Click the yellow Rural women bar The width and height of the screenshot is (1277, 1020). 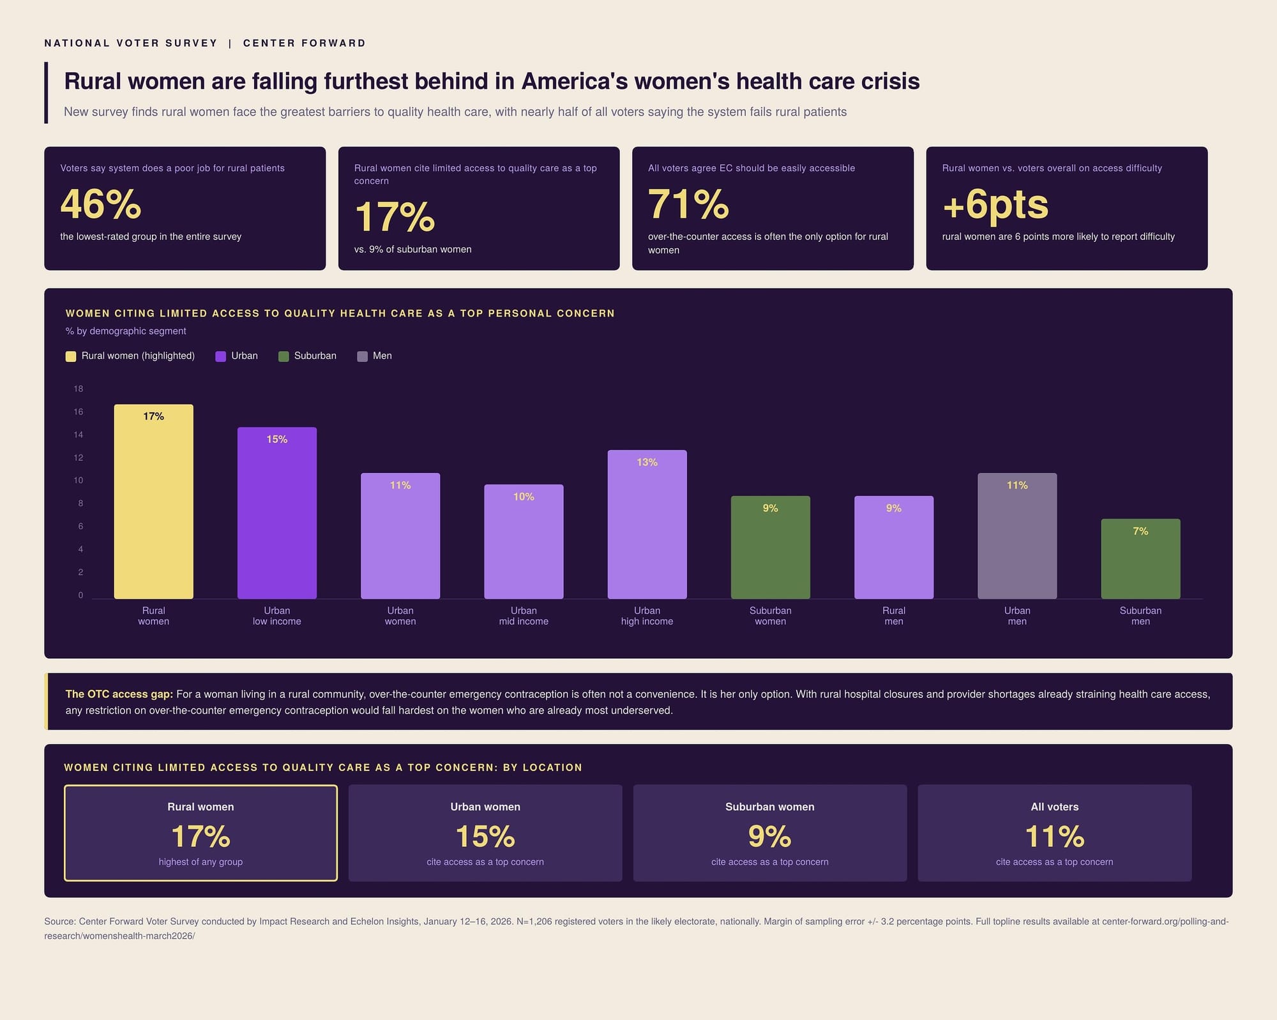[x=153, y=501]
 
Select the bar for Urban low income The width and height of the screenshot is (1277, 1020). [x=277, y=513]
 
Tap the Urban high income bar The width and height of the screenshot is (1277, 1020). [x=647, y=524]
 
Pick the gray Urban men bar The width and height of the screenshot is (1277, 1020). [x=1017, y=536]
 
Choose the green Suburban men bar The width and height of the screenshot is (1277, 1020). [x=1140, y=559]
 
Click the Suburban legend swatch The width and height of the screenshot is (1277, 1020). [x=283, y=356]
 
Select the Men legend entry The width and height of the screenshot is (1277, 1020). [x=375, y=356]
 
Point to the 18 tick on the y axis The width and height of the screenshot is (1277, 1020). [x=79, y=389]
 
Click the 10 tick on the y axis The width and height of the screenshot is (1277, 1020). [x=79, y=480]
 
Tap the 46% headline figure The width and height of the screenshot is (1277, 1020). [x=101, y=204]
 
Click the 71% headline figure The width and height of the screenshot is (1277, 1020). [x=688, y=204]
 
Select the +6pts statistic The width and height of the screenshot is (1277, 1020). [x=995, y=204]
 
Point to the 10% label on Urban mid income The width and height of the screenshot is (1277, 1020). [x=524, y=497]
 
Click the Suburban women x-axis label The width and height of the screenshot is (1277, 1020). [x=771, y=616]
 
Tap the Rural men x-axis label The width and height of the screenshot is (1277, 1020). [x=894, y=616]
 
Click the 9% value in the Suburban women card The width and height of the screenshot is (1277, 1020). [x=770, y=836]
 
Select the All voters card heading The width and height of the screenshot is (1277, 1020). [x=1055, y=807]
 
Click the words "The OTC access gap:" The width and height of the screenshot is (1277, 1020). [x=119, y=694]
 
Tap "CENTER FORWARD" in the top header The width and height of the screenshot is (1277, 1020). [x=305, y=43]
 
